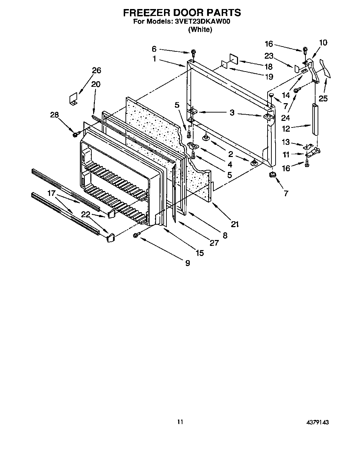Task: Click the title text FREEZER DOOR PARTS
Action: click(182, 13)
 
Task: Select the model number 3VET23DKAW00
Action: click(201, 22)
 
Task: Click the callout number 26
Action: click(96, 70)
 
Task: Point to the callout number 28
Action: click(55, 115)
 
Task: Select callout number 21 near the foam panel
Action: click(235, 224)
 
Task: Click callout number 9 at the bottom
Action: click(187, 263)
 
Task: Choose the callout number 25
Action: click(323, 99)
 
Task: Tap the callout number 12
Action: click(286, 129)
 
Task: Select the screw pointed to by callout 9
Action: click(136, 235)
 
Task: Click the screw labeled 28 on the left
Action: click(75, 133)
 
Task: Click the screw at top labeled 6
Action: click(193, 53)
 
